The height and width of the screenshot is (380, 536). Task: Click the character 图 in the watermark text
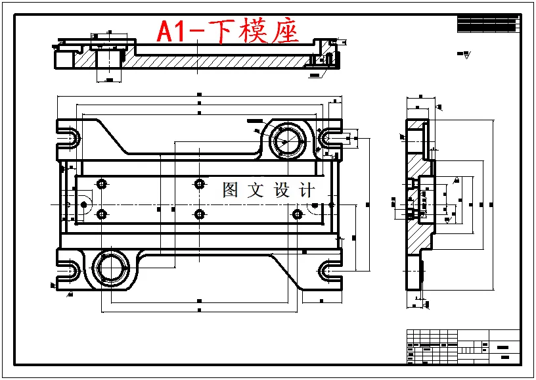231,191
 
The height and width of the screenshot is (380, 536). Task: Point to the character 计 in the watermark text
306,191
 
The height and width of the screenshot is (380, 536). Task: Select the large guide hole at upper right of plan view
286,140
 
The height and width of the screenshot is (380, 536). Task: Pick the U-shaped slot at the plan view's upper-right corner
328,137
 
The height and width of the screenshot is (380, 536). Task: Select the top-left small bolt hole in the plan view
101,183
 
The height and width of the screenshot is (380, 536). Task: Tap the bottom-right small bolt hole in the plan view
297,214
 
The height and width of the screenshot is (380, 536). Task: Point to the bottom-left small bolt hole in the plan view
101,214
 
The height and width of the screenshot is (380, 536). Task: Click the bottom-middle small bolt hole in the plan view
200,214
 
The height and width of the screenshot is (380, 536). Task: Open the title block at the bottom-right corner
463,346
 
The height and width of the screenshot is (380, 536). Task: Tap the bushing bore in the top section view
109,61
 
